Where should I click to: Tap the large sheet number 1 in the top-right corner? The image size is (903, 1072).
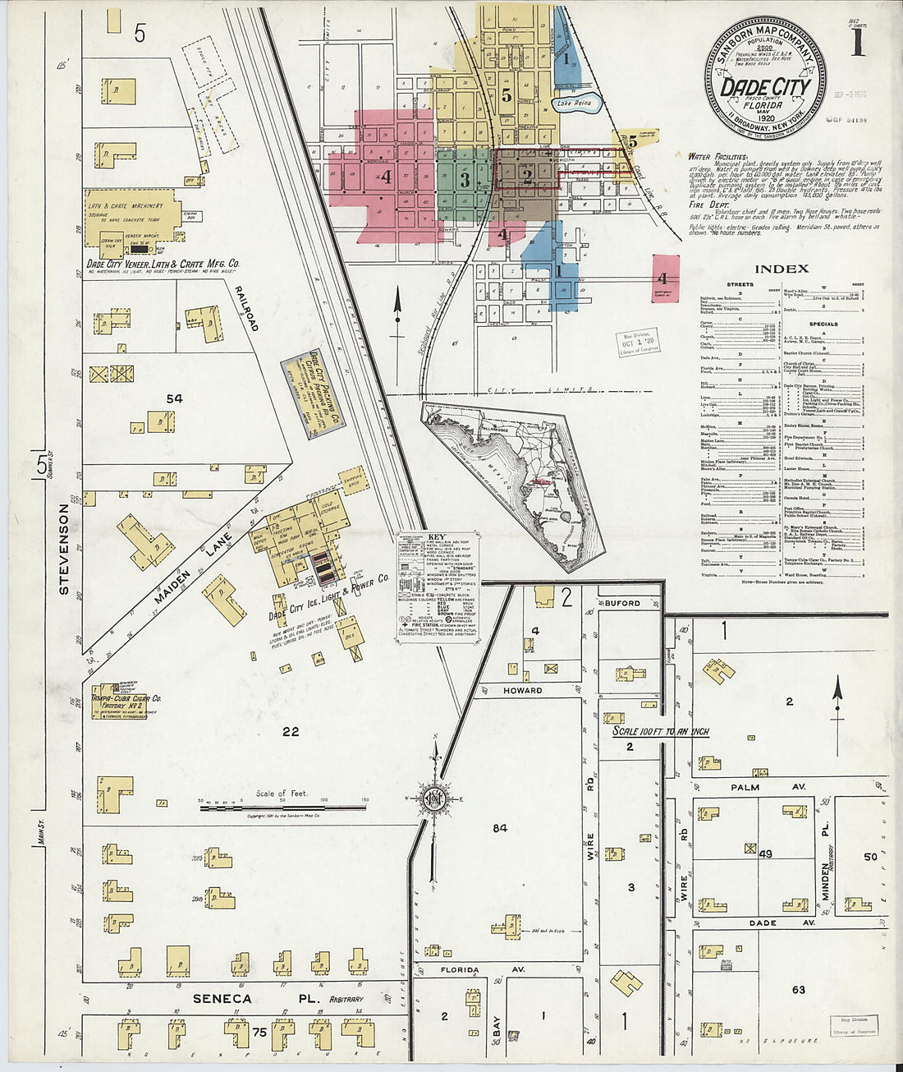(857, 41)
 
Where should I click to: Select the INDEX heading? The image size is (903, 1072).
(781, 269)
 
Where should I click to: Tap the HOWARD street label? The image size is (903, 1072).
(523, 690)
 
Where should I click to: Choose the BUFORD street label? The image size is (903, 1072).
(622, 603)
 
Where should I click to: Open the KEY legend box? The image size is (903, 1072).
(438, 587)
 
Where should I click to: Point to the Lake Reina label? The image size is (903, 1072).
(572, 104)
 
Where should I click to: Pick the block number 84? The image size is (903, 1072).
(500, 828)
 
